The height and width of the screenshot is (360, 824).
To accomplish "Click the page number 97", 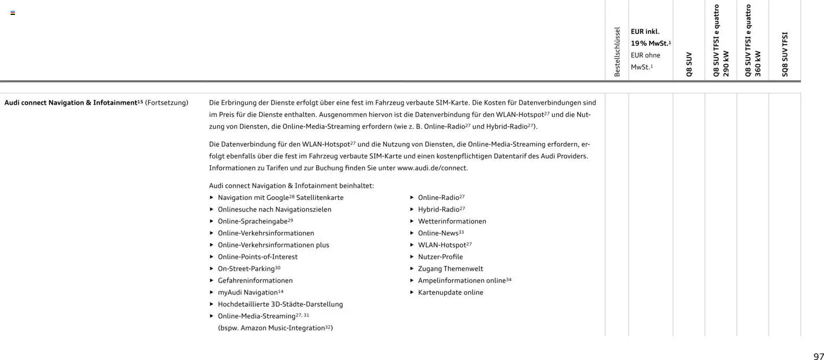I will pyautogui.click(x=818, y=356).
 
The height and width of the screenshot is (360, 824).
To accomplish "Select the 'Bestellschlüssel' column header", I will pyautogui.click(x=617, y=52).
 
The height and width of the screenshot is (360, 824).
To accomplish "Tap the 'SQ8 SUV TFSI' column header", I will pyautogui.click(x=785, y=54).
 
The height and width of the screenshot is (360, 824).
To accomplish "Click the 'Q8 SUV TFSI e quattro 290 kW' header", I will pyautogui.click(x=721, y=41).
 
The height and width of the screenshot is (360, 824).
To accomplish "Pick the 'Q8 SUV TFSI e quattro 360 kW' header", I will pyautogui.click(x=753, y=41).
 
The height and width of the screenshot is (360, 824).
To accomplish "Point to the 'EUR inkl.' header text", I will pyautogui.click(x=645, y=31).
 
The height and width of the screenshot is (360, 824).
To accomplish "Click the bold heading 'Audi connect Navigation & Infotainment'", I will pyautogui.click(x=71, y=103).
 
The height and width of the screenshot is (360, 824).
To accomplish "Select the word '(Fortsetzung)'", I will pyautogui.click(x=166, y=103).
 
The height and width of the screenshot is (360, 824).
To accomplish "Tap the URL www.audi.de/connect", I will pyautogui.click(x=432, y=168).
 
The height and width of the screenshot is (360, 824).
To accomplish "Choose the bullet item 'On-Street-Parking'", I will pyautogui.click(x=246, y=269).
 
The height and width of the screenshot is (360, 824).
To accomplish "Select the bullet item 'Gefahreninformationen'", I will pyautogui.click(x=255, y=280).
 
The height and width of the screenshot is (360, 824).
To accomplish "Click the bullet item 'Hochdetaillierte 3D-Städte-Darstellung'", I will pyautogui.click(x=280, y=304).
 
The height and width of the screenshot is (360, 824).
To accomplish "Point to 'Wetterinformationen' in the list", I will pyautogui.click(x=452, y=221).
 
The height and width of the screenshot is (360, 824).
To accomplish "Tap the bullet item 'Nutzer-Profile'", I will pyautogui.click(x=440, y=257).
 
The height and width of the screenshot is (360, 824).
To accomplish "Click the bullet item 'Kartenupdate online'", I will pyautogui.click(x=450, y=292).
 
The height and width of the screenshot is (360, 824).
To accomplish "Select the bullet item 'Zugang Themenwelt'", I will pyautogui.click(x=450, y=269).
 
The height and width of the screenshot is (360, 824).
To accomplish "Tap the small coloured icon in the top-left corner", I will pyautogui.click(x=13, y=13).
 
